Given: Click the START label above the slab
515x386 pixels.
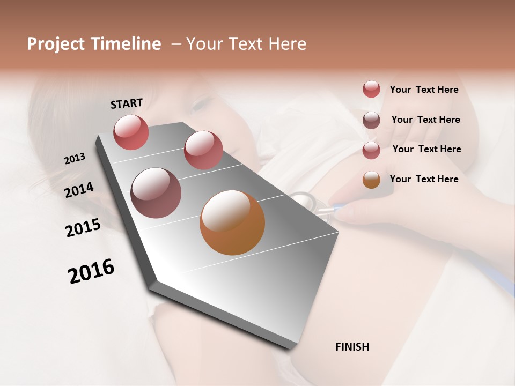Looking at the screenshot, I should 127,103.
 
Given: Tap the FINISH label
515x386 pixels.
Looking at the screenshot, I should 352,347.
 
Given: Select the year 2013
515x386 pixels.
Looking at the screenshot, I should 75,159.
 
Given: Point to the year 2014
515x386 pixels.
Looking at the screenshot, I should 79,190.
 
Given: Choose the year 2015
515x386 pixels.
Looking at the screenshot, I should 83,228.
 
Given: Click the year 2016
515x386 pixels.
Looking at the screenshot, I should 91,271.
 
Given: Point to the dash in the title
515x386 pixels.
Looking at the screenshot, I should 175,44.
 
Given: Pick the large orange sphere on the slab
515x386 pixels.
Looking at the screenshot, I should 232,222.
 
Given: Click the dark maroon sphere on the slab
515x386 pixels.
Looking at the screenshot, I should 156,192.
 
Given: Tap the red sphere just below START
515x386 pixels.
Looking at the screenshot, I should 131,132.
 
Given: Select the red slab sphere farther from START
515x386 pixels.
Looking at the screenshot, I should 203,150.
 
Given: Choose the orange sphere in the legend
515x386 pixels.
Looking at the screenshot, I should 371,180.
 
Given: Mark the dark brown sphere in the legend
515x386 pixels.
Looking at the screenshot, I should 371,120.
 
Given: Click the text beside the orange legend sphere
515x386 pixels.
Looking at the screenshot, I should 424,179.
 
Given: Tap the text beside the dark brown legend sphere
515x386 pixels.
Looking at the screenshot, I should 425,120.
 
